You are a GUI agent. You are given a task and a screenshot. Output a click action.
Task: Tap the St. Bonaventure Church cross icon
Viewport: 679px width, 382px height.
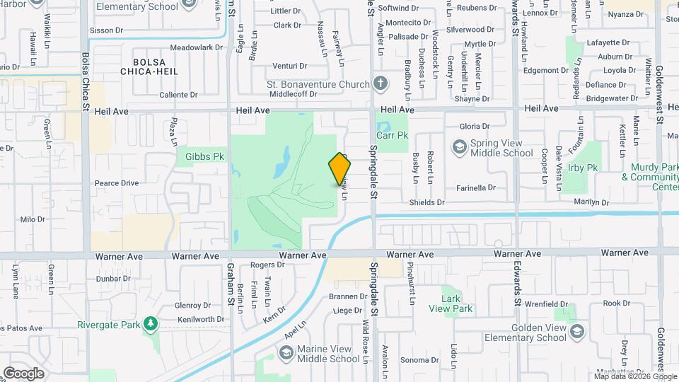[381, 84]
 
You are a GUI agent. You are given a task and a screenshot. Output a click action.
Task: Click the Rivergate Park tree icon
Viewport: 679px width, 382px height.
[149, 325]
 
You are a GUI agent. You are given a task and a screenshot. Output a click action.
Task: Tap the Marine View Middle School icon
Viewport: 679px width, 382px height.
[286, 353]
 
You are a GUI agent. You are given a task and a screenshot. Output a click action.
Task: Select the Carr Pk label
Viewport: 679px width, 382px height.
[393, 134]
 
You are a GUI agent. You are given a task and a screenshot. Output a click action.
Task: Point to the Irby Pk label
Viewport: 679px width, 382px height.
[583, 168]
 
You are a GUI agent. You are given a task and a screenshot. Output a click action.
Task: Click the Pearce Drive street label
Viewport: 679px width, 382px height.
[117, 183]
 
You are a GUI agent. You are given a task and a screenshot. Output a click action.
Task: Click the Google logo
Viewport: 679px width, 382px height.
[23, 374]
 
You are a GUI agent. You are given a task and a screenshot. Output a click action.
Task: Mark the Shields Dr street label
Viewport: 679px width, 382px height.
[426, 203]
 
